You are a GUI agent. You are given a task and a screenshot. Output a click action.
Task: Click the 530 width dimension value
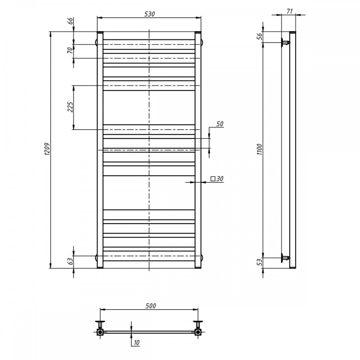[x=149, y=14]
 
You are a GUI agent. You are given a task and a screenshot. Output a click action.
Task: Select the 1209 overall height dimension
[x=47, y=149]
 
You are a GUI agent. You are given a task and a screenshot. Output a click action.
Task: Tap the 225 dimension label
[x=70, y=107]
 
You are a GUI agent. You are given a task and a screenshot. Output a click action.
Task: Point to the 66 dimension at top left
[x=71, y=21]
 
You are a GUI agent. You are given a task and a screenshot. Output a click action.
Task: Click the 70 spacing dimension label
[x=70, y=50]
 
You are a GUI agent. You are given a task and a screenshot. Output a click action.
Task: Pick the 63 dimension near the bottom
[x=71, y=261]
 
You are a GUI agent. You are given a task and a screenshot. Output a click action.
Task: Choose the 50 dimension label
[x=220, y=124]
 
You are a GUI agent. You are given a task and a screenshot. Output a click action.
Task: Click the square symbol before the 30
[x=213, y=179]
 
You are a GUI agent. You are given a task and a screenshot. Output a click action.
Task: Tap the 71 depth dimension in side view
[x=290, y=11]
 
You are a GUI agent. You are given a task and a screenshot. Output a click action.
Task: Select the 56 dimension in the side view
[x=260, y=36]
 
